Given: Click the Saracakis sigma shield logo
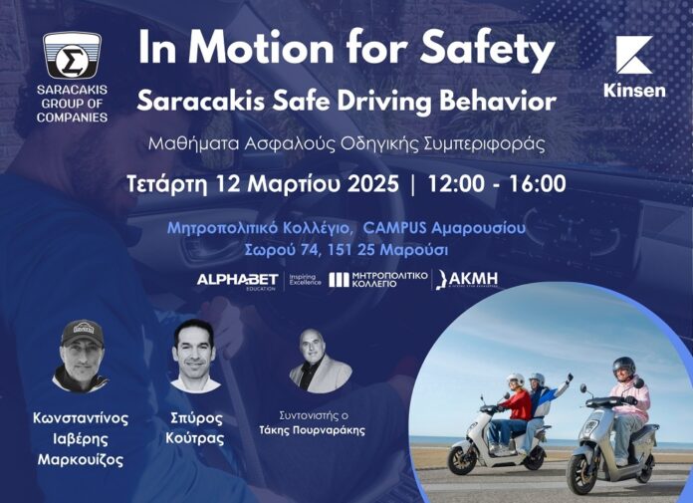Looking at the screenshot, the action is pyautogui.click(x=72, y=55).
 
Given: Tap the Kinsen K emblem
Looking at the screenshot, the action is pyautogui.click(x=634, y=55).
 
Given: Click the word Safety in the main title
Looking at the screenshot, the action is pyautogui.click(x=487, y=49).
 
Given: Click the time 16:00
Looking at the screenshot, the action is pyautogui.click(x=537, y=183).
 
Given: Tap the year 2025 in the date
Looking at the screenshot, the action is pyautogui.click(x=373, y=183).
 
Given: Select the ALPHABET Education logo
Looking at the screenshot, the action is pyautogui.click(x=237, y=280).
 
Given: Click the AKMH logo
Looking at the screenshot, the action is pyautogui.click(x=467, y=279).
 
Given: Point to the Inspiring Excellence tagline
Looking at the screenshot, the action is pyautogui.click(x=305, y=279).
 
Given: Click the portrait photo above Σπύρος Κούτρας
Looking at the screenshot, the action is pyautogui.click(x=195, y=356).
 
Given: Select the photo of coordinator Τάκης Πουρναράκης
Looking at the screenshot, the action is pyautogui.click(x=320, y=361).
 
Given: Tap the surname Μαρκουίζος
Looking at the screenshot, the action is pyautogui.click(x=81, y=460).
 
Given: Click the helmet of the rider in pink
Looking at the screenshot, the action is pyautogui.click(x=624, y=366).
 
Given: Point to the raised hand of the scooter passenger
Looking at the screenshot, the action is pyautogui.click(x=570, y=377).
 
